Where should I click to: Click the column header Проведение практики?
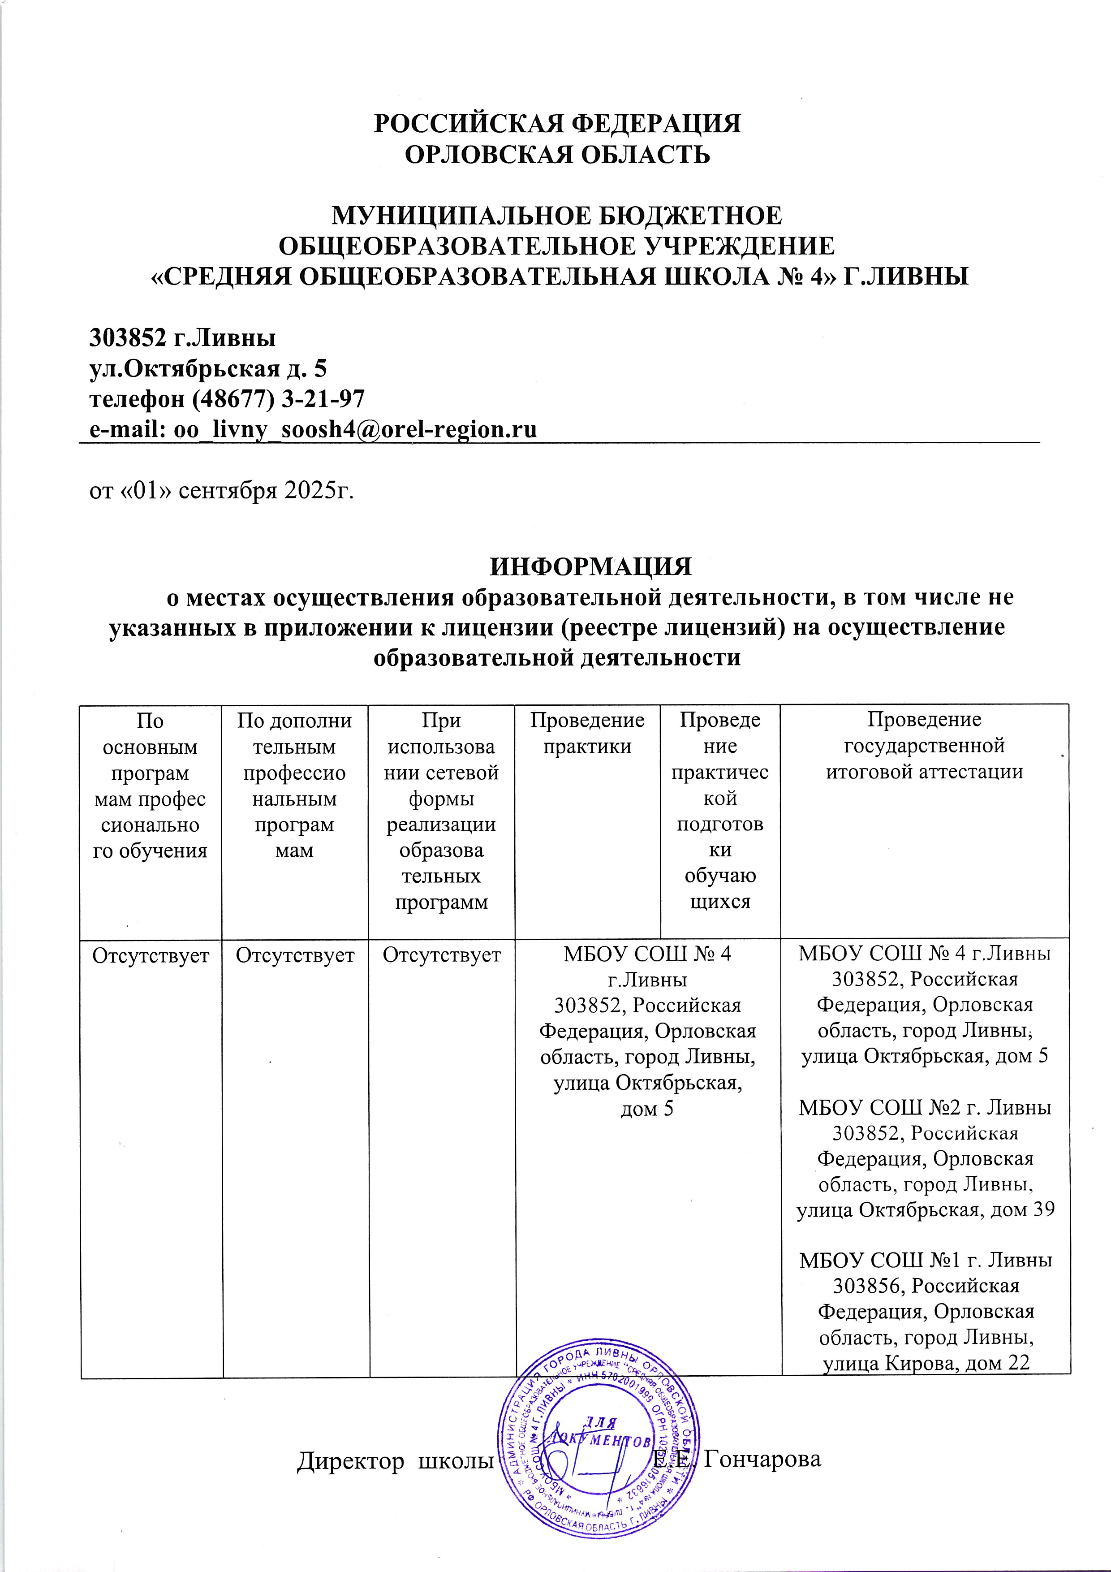(x=587, y=733)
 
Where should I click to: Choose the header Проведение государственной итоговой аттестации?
(x=924, y=746)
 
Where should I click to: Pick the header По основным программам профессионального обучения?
(x=150, y=785)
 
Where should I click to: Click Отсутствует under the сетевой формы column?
(x=442, y=955)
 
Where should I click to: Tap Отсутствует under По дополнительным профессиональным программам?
(x=295, y=955)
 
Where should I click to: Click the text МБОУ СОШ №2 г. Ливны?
(x=924, y=1107)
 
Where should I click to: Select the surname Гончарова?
(x=762, y=1460)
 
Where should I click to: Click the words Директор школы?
(x=396, y=1460)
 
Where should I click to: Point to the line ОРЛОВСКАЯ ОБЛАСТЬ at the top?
(x=557, y=155)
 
